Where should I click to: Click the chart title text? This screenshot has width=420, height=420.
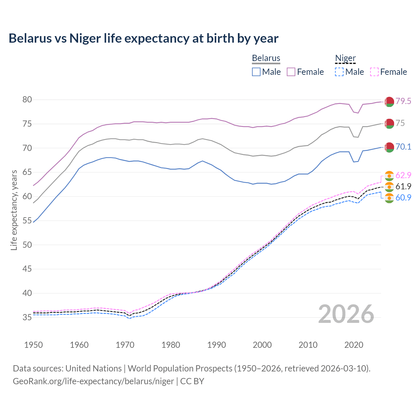[143, 38]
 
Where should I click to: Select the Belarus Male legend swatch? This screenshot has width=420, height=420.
[256, 72]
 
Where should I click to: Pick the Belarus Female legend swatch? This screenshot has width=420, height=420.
[291, 72]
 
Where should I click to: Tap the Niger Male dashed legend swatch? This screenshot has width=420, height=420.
[339, 72]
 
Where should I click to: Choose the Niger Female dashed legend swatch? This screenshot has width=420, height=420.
[374, 72]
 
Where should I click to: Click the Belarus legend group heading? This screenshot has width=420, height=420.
[266, 58]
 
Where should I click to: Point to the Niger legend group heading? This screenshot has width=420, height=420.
[345, 58]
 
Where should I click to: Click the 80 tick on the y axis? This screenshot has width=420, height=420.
[27, 100]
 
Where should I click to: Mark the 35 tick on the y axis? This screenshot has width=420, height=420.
[27, 317]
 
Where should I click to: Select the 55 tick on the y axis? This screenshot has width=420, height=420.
[27, 221]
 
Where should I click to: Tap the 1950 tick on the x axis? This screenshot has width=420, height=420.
[33, 345]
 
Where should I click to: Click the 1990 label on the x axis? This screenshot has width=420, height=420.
[217, 345]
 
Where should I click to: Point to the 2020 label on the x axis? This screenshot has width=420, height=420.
[354, 345]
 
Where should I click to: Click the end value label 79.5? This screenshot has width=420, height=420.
[403, 101]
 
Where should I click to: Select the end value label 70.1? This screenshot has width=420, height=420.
[403, 147]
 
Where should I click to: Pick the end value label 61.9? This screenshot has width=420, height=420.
[403, 187]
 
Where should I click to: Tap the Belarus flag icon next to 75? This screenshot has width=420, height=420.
[389, 124]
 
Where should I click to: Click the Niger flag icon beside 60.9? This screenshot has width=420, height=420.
[389, 198]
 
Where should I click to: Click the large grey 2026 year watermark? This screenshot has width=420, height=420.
[346, 314]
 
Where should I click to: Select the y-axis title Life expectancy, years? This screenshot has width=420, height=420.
[14, 210]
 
